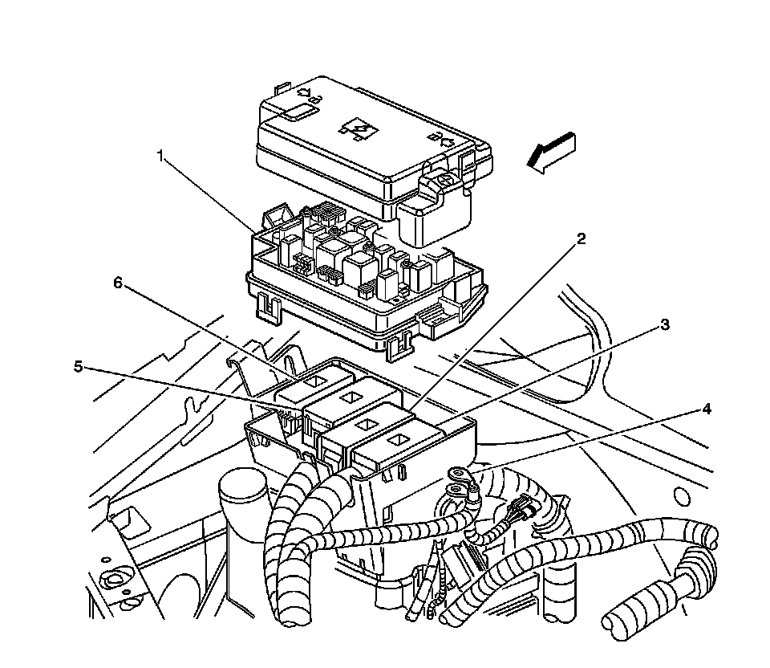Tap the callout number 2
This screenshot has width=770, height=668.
coord(581,238)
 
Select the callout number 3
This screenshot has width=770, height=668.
coord(665,325)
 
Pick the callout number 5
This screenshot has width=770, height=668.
coord(79,366)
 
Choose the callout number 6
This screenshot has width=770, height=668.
coord(118,283)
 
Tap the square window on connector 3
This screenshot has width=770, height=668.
coord(398,440)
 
